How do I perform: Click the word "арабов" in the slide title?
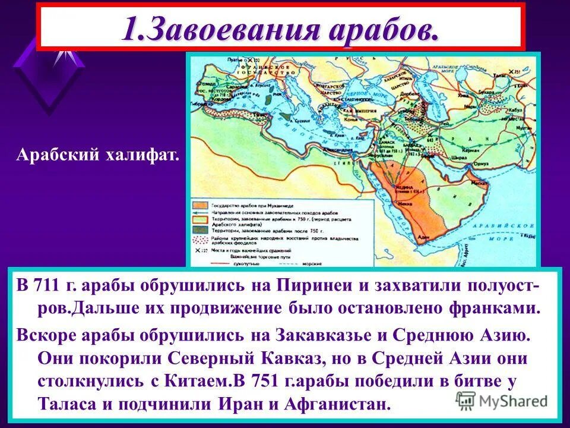click(x=380, y=28)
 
